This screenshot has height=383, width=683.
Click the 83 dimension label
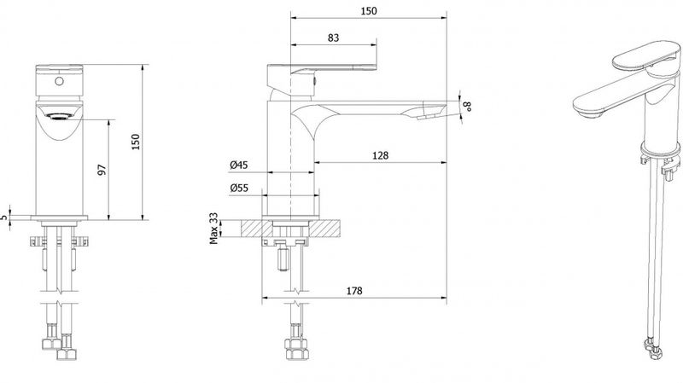333,38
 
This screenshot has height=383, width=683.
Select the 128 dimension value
380,155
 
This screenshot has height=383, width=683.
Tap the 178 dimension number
354,291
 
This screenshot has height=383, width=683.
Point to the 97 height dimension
102,170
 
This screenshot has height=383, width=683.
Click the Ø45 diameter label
239,165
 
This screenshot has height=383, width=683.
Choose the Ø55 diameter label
239,188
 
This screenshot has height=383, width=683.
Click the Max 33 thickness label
213,229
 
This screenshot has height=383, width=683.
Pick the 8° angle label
467,106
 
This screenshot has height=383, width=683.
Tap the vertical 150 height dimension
136,142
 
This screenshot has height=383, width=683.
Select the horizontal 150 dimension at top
369,11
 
